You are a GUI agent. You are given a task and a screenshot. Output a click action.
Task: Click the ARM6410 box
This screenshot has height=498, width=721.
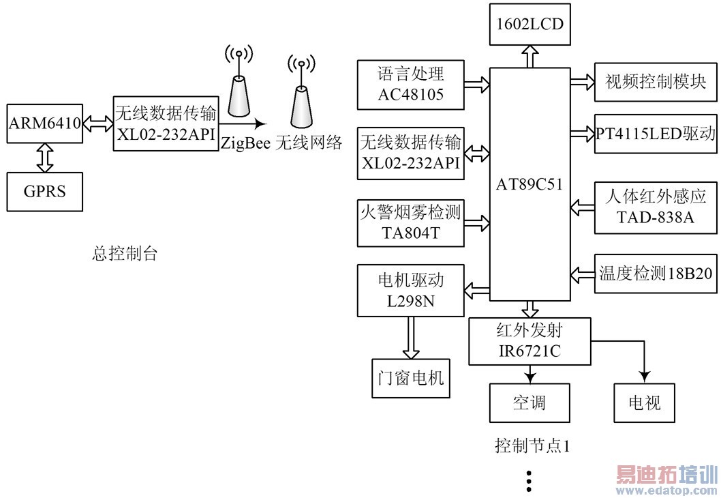[44, 124]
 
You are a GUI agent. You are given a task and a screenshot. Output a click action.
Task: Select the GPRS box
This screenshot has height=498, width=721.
[44, 191]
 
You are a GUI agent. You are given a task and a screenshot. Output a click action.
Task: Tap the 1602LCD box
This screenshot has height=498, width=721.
[529, 24]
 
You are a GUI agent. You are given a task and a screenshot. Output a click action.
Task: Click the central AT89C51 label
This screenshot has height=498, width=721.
[530, 184]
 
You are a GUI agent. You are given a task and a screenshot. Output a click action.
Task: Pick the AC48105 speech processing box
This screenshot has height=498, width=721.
[411, 85]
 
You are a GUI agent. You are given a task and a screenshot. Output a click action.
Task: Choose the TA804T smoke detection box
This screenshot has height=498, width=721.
[411, 223]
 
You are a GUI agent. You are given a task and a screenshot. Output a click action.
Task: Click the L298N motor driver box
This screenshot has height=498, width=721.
[411, 291]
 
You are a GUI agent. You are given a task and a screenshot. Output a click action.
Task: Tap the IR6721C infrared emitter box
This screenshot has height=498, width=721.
[530, 342]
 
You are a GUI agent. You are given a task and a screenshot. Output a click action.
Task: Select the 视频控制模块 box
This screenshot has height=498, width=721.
[656, 83]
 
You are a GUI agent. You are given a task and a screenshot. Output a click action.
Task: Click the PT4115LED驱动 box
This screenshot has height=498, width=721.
[656, 133]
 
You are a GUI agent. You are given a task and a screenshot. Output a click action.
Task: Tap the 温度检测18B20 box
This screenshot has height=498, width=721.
[656, 274]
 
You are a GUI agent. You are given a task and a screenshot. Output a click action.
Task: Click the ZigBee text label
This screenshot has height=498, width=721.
[245, 143]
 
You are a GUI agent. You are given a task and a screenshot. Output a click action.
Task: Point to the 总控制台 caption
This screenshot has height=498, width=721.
[124, 254]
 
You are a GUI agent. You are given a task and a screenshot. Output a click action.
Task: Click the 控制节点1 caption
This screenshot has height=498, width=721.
[532, 447]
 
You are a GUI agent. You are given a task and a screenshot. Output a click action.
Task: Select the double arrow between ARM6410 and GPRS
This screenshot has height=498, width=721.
[44, 158]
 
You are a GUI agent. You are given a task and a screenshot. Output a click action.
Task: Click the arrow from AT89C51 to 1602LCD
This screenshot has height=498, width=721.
[530, 57]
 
